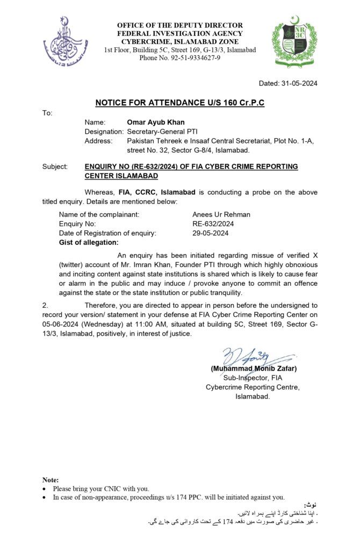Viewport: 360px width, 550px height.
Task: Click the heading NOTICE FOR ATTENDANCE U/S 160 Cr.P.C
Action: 180,103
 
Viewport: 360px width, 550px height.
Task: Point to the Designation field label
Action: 104,131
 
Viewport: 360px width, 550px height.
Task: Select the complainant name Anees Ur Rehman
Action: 221,214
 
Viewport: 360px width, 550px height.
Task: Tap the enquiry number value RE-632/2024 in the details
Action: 213,223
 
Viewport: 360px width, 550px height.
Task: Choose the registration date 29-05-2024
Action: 211,233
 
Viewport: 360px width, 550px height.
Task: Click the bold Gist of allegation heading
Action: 88,243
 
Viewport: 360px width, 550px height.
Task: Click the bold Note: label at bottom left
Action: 51,480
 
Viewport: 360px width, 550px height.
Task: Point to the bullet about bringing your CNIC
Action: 101,488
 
